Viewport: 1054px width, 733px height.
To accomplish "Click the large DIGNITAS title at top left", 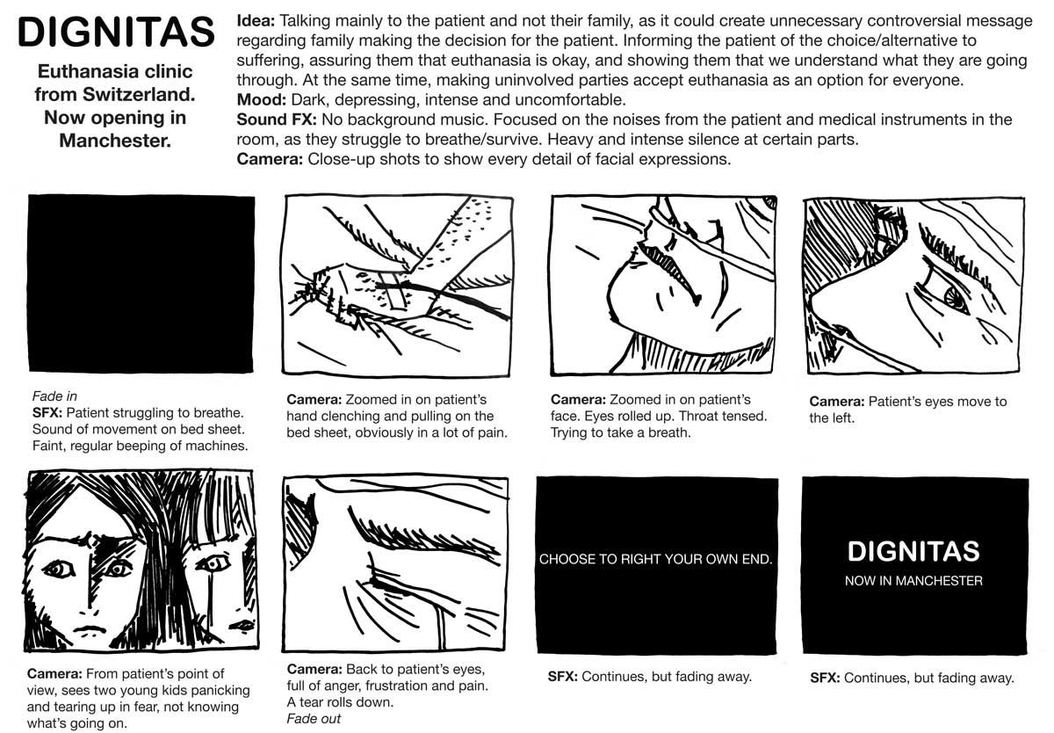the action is [116, 32].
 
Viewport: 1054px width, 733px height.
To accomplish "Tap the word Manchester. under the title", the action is [115, 141].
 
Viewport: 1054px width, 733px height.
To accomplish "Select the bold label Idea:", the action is [256, 21].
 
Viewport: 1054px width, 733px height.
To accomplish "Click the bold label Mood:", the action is [262, 100].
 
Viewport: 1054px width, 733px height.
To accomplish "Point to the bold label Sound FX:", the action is [277, 120].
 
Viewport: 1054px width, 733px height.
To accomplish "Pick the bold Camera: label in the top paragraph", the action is [270, 159].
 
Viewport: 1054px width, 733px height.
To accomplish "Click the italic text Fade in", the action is [54, 396].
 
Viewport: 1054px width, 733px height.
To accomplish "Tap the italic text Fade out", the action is [314, 718].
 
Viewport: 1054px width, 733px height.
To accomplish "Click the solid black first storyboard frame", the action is [141, 284].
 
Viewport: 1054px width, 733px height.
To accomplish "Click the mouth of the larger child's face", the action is [90, 629].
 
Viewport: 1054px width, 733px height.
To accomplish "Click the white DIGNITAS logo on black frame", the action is [913, 551].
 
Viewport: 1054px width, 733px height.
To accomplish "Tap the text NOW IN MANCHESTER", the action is [913, 581].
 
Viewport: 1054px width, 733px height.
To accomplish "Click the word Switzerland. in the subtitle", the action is [140, 95].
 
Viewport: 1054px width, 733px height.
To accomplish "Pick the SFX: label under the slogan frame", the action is [563, 677].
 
